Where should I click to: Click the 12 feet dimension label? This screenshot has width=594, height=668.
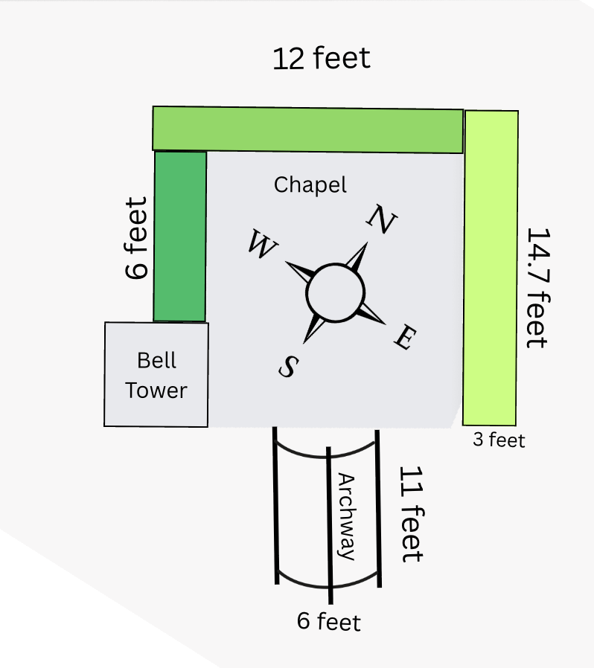[x=322, y=58]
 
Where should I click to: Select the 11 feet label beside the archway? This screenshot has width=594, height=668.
[x=411, y=513]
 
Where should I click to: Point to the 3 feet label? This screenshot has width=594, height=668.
[x=499, y=440]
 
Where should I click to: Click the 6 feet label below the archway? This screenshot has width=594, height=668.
[x=328, y=621]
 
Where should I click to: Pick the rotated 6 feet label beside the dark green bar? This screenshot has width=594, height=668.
[x=137, y=238]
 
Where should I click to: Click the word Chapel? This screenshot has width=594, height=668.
[x=310, y=184]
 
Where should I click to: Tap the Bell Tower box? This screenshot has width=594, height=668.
[x=156, y=374]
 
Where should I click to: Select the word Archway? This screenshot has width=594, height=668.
[x=346, y=516]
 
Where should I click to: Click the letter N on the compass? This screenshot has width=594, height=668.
[x=382, y=219]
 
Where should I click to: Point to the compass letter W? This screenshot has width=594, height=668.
[x=260, y=245]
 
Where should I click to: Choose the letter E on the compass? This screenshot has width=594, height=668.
[x=404, y=338]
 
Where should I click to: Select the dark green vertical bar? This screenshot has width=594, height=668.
[x=179, y=236]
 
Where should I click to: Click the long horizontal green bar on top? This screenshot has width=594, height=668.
[x=307, y=129]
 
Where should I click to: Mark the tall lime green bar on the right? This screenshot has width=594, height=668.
[x=491, y=268]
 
